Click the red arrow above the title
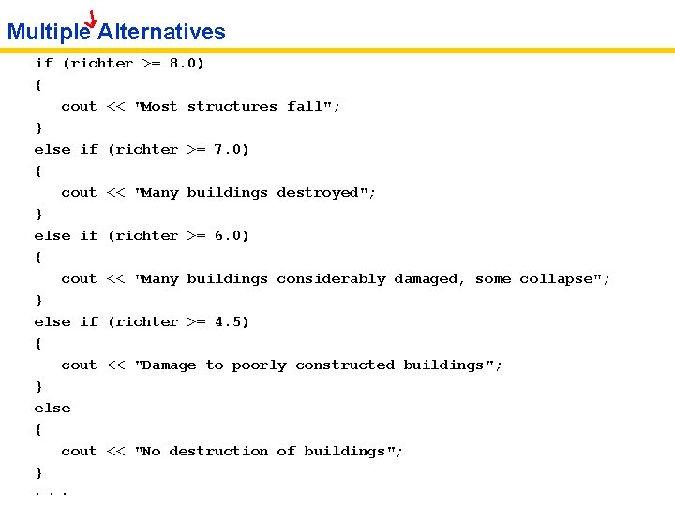91,19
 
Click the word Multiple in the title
48,32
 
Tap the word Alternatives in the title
161,32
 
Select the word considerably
331,279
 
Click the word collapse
560,279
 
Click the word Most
159,107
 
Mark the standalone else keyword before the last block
52,409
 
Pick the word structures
232,107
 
